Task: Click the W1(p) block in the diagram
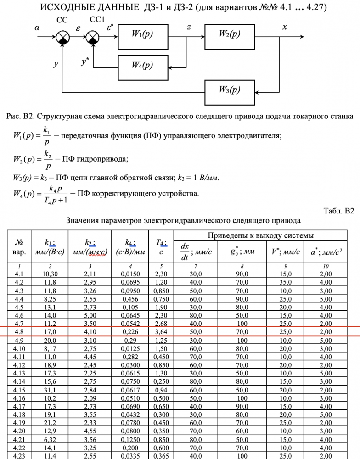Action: tap(142, 35)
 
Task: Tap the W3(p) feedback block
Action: tap(230, 89)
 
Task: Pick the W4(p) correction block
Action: tap(142, 65)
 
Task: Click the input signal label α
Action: tap(37, 28)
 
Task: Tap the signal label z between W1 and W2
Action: tap(189, 28)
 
